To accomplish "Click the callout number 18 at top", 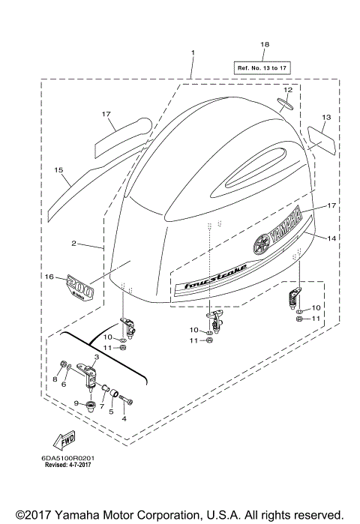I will pyautogui.click(x=263, y=45).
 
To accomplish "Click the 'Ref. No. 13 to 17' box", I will pyautogui.click(x=263, y=67).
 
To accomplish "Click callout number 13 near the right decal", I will pyautogui.click(x=326, y=118).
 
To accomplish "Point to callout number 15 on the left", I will pyautogui.click(x=57, y=170).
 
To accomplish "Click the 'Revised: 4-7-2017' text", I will pyautogui.click(x=73, y=465).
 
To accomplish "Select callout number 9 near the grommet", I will pyautogui.click(x=76, y=403).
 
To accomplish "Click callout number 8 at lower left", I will pyautogui.click(x=54, y=379).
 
